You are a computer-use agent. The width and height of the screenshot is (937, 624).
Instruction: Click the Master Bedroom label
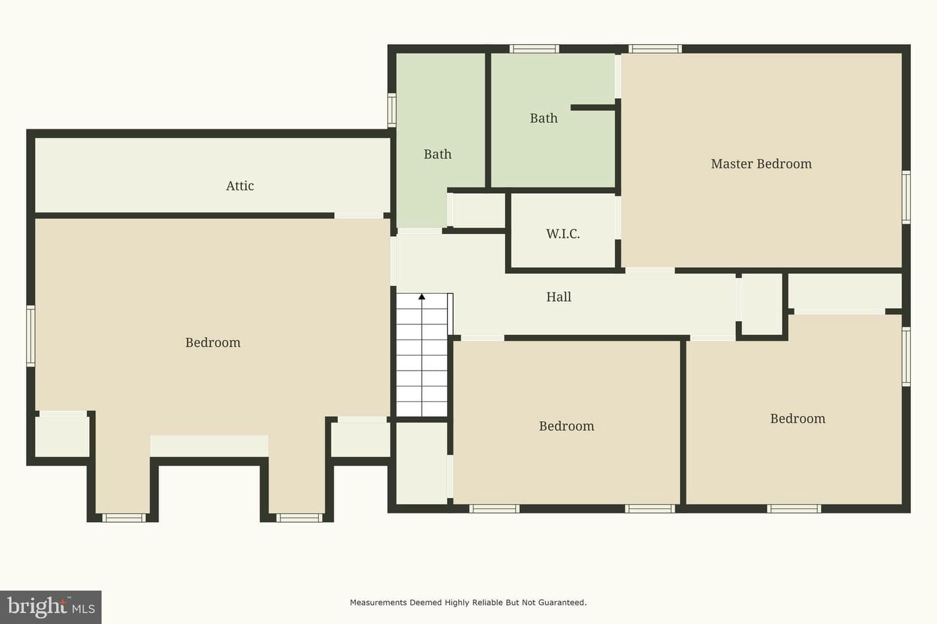(761, 164)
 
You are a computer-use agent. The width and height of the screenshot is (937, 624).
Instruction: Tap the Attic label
(239, 185)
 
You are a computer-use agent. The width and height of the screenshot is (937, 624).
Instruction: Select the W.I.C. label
(563, 233)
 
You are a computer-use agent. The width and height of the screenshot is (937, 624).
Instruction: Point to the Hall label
(558, 297)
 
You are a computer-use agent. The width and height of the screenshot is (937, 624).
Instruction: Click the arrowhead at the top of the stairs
(422, 297)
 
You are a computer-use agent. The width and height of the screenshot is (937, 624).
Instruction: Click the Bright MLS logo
(51, 607)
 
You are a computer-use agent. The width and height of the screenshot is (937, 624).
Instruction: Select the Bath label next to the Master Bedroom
(544, 118)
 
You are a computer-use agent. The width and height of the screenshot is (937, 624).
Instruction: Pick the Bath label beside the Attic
(437, 154)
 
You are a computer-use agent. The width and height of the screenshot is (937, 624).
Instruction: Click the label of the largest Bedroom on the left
(213, 343)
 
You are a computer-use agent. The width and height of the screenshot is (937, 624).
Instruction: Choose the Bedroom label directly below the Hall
(566, 426)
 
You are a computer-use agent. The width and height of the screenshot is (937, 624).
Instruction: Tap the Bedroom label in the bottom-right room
(798, 419)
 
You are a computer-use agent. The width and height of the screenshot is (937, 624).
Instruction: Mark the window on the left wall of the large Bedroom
(31, 335)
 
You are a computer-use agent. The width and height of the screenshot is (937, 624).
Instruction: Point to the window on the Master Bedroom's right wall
(906, 197)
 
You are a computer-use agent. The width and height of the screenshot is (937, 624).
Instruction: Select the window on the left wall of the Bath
(392, 109)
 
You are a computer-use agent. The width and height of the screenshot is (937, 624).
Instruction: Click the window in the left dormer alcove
(124, 518)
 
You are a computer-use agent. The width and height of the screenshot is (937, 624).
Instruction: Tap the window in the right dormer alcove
(299, 518)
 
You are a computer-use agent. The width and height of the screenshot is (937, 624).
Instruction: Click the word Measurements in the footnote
(378, 603)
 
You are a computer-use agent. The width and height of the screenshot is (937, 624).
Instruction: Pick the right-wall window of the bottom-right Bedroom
(906, 356)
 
